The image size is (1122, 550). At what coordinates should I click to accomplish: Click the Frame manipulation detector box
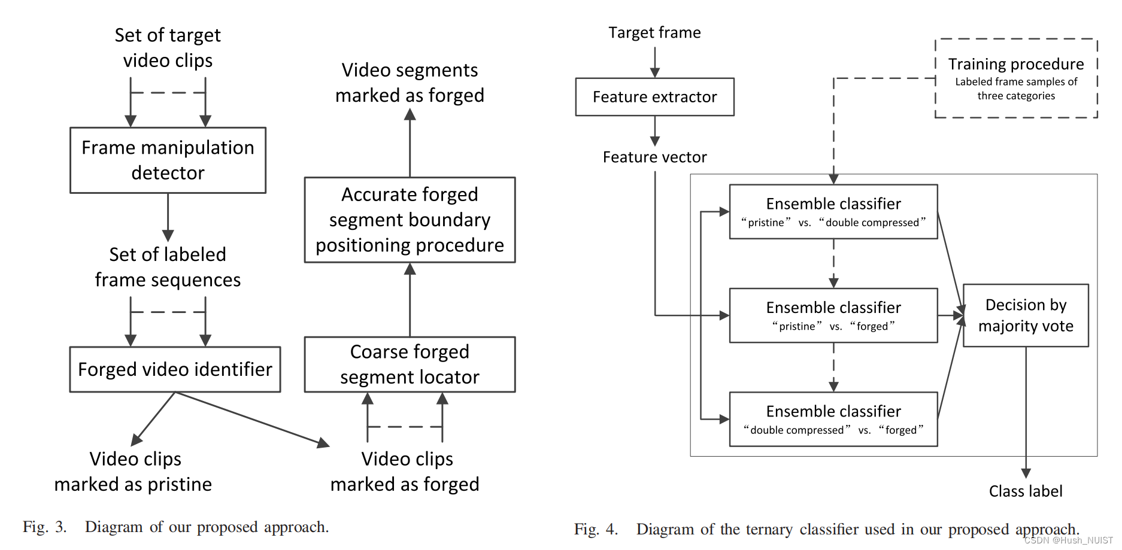[x=168, y=160]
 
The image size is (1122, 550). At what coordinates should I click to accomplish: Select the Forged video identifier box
[x=175, y=369]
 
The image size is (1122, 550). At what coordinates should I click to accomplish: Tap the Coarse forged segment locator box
[x=410, y=364]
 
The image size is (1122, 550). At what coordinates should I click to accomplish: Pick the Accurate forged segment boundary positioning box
[x=410, y=220]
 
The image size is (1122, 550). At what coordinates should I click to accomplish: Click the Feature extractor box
[x=654, y=96]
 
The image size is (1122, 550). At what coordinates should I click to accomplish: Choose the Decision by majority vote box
[x=1025, y=315]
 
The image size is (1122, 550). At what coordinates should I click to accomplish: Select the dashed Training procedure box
[x=1015, y=78]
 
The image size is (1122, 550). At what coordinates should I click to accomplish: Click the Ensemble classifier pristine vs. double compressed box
[x=833, y=211]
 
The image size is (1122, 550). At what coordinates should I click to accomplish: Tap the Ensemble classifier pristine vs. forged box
[x=833, y=315]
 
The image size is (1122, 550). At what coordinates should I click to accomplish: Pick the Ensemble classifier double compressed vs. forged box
[x=833, y=419]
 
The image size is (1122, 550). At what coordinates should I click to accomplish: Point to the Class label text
[x=1025, y=491]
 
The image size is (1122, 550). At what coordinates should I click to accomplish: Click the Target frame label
[x=654, y=32]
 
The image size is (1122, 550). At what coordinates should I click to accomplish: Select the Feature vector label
[x=654, y=157]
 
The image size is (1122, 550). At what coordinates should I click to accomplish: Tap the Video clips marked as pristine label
[x=134, y=471]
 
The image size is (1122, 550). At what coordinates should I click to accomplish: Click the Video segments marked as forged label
[x=410, y=83]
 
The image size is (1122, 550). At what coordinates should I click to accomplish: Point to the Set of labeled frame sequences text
[x=168, y=267]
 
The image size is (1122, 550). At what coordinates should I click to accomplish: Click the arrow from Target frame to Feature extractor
[x=654, y=62]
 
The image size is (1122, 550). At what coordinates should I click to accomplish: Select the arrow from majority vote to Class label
[x=1026, y=413]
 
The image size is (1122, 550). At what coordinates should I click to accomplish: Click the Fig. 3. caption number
[x=45, y=527]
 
